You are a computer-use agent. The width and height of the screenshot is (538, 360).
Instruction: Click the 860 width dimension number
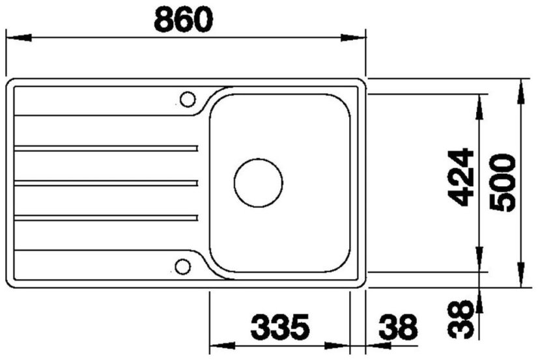point(184,20)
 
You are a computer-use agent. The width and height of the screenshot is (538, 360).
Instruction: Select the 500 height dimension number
point(503,183)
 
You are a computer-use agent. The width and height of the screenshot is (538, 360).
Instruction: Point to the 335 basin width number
point(280,326)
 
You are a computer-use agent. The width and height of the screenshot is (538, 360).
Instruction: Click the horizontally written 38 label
point(398,326)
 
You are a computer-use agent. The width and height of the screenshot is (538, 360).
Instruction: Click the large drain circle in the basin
point(259,183)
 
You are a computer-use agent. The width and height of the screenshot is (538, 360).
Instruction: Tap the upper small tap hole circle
point(188,100)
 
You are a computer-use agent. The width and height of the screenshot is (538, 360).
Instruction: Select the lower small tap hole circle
point(182,266)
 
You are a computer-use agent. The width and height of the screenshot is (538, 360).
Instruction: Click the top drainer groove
point(106,148)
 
